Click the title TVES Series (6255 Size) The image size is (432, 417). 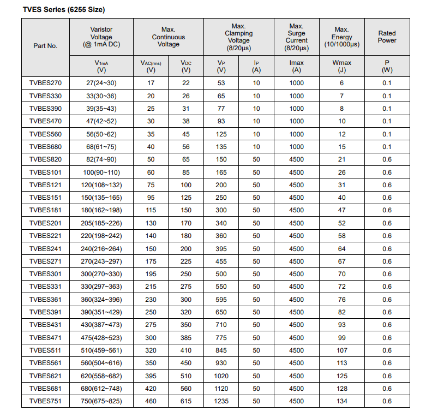pyautogui.click(x=64, y=10)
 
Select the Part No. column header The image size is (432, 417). pyautogui.click(x=45, y=46)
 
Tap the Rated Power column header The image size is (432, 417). pyautogui.click(x=387, y=37)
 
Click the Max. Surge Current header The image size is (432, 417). pyautogui.click(x=296, y=37)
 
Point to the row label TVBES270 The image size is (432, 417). pyautogui.click(x=45, y=83)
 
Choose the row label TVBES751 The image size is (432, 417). pyautogui.click(x=45, y=401)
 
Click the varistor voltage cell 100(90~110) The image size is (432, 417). pyautogui.click(x=101, y=172)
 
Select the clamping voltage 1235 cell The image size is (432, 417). pyautogui.click(x=221, y=401)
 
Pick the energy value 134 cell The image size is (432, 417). pyautogui.click(x=341, y=401)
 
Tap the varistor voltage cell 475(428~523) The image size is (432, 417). pyautogui.click(x=101, y=338)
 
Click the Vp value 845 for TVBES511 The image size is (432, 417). pyautogui.click(x=221, y=350)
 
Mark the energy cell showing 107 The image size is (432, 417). pyautogui.click(x=341, y=350)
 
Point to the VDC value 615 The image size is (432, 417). pyautogui.click(x=186, y=401)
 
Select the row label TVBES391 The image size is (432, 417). pyautogui.click(x=45, y=312)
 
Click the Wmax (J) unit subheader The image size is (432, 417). pyautogui.click(x=341, y=66)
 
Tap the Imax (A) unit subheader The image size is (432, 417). pyautogui.click(x=296, y=66)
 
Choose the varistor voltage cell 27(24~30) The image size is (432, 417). pyautogui.click(x=101, y=83)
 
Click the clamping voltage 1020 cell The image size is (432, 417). pyautogui.click(x=221, y=376)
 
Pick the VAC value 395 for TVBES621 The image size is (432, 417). pyautogui.click(x=151, y=376)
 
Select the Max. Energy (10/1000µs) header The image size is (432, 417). pyautogui.click(x=341, y=37)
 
